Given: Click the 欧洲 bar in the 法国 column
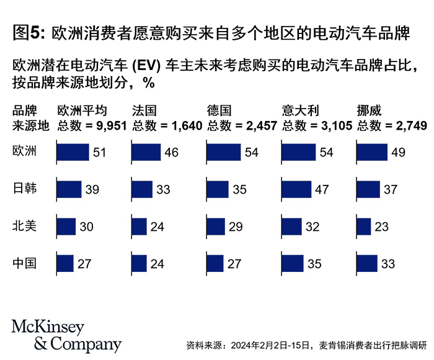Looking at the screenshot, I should pyautogui.click(x=146, y=152).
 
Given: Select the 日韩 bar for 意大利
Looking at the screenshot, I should pyautogui.click(x=297, y=189).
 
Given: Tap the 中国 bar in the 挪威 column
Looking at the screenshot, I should pyautogui.click(x=367, y=264).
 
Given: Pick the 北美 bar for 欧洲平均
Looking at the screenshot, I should pyautogui.click(x=66, y=227).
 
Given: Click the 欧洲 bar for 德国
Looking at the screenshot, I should pyautogui.click(x=224, y=152).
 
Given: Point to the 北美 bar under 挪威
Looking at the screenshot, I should pyautogui.click(x=364, y=227).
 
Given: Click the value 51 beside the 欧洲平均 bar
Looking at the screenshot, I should pyautogui.click(x=100, y=152).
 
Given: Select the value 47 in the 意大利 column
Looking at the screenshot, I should pyautogui.click(x=322, y=189).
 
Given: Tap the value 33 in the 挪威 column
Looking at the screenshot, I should pyautogui.click(x=388, y=264).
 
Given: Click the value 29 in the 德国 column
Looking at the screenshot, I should pyautogui.click(x=236, y=227).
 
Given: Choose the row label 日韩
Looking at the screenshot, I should pyautogui.click(x=25, y=189).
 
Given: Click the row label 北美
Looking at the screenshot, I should pyautogui.click(x=25, y=226).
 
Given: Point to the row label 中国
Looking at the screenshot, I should pyautogui.click(x=25, y=263).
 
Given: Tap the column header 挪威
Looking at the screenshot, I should pyautogui.click(x=369, y=111).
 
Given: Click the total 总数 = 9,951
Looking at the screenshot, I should pyautogui.click(x=92, y=126).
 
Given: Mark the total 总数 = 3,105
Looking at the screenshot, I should pyautogui.click(x=317, y=126).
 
